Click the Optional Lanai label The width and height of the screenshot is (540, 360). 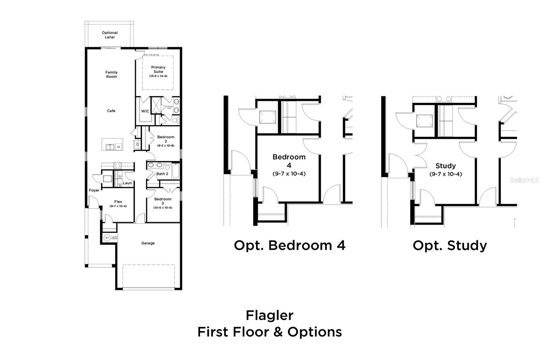110,35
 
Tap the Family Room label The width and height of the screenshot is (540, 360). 111,74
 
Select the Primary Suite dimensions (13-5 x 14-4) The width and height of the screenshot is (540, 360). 158,76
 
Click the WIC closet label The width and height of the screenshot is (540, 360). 145,111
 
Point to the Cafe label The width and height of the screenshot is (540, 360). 111,111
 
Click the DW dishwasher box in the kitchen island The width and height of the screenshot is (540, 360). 118,147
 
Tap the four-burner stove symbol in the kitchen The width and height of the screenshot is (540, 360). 117,165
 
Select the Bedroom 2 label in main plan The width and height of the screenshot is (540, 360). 166,139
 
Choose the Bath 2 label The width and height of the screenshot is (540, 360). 162,174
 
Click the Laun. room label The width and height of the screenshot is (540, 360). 128,183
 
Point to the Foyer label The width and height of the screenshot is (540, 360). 94,190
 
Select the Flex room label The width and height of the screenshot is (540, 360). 118,202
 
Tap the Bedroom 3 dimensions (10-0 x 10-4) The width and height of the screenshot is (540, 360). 163,208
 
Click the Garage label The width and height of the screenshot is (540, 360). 148,243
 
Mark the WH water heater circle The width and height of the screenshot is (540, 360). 107,238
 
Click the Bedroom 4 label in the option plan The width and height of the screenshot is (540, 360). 289,161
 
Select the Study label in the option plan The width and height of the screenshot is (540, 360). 446,166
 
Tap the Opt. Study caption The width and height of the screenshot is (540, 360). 450,246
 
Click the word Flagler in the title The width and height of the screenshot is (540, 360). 269,315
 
